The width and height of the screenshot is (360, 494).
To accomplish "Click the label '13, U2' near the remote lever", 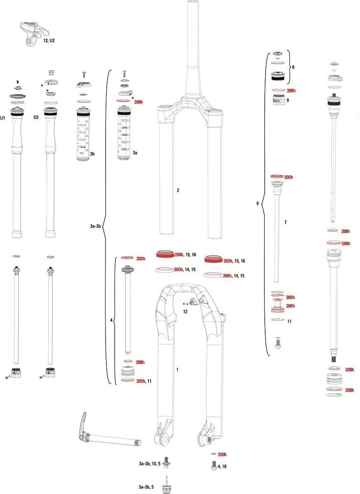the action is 49,40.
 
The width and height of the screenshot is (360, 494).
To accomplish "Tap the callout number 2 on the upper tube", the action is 178,190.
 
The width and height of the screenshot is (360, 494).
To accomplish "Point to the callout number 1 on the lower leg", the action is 177,369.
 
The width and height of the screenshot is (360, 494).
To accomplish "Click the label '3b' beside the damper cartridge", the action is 92,154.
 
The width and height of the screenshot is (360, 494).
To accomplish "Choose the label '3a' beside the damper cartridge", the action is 135,153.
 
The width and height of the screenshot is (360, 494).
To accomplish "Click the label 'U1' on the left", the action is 3,118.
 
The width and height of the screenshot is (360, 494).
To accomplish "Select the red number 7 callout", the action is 285,222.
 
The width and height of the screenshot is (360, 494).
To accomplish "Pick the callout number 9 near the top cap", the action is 287,100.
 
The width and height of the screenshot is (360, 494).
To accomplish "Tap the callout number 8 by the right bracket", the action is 293,67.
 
